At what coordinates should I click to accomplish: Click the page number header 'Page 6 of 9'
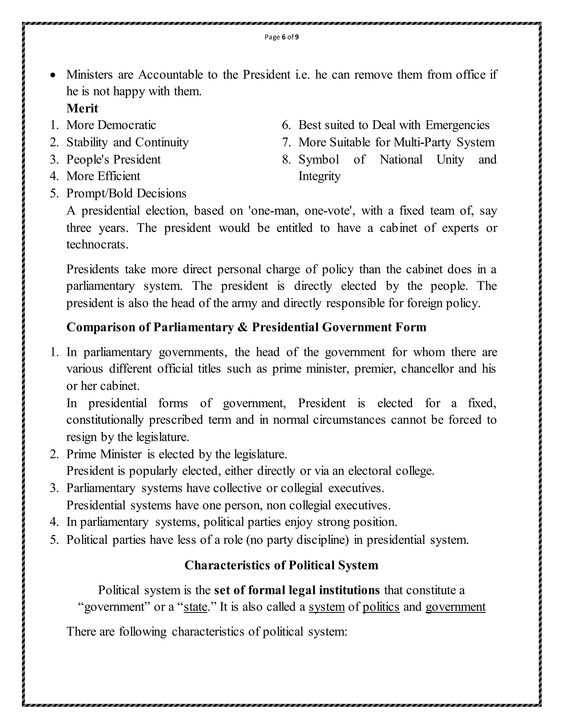281,37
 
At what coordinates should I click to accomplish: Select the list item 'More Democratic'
111,125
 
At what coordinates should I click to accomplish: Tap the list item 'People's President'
114,159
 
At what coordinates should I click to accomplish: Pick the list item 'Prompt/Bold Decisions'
126,193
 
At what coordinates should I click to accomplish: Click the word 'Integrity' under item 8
319,176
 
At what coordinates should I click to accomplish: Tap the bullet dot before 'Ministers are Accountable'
53,76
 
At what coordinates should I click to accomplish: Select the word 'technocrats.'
97,245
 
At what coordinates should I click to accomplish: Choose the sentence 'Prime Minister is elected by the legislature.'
176,454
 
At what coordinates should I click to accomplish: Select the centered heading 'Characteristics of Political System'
281,565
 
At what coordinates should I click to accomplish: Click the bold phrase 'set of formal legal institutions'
297,590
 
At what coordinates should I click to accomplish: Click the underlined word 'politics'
381,607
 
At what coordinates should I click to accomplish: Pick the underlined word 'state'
195,607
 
